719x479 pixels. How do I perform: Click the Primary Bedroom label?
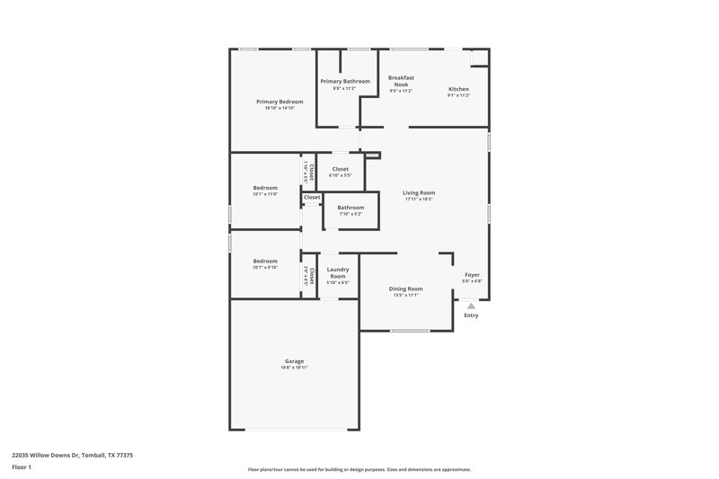click(280, 102)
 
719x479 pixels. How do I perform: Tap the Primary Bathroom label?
click(345, 81)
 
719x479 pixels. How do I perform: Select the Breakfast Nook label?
click(401, 81)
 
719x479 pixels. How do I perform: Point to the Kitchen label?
click(458, 88)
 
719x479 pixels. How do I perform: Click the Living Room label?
click(419, 192)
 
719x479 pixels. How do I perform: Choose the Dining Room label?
click(405, 288)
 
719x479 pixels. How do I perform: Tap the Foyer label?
click(472, 274)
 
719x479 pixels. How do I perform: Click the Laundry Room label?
click(338, 271)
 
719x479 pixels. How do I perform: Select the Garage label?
click(295, 361)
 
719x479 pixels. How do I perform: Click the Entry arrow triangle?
click(471, 306)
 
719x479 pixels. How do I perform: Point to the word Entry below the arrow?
click(471, 315)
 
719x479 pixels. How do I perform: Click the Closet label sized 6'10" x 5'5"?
click(341, 169)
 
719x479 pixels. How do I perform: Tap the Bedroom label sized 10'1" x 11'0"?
click(265, 188)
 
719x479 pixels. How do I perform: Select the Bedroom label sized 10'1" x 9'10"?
click(265, 261)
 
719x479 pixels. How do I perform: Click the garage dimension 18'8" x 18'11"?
click(295, 368)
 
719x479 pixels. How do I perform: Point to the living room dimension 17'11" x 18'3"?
click(419, 199)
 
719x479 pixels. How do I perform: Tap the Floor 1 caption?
click(22, 468)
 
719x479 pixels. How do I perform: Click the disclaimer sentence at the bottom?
click(359, 469)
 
